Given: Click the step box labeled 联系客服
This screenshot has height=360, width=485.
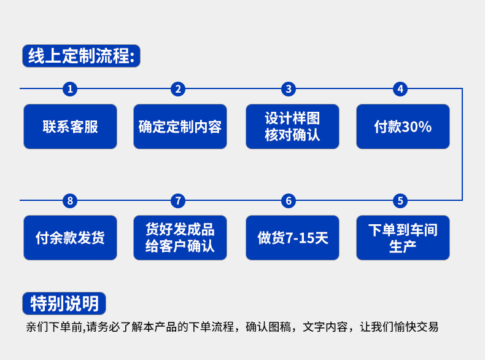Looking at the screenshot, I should [70, 127].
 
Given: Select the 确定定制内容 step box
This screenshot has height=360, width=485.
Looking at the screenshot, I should [180, 127].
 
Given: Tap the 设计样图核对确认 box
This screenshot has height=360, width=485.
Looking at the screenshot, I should [292, 127].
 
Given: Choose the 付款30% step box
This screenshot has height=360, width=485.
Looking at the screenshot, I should [403, 127].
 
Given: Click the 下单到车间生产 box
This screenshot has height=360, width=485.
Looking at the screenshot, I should [403, 238].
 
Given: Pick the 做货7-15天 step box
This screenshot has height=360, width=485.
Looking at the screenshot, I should [292, 238].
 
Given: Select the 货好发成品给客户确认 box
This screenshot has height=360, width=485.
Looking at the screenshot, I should [180, 238].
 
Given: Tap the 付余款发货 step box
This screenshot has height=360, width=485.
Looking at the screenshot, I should [70, 238].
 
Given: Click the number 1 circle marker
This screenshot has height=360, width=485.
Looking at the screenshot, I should [70, 89].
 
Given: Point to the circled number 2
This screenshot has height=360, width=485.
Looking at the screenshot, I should [178, 89].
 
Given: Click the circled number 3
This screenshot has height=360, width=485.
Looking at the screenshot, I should [289, 89].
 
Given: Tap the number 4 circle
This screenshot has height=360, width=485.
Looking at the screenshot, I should [400, 89].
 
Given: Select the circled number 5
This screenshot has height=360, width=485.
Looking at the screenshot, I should [400, 200].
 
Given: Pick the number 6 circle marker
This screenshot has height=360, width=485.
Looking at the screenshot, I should [289, 200].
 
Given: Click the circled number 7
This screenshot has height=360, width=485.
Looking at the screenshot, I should [178, 200].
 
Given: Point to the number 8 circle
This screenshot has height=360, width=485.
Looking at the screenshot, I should [70, 200].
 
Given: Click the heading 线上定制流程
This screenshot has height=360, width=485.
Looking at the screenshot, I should [81, 57].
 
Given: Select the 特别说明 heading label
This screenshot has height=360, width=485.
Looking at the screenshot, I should [64, 303].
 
